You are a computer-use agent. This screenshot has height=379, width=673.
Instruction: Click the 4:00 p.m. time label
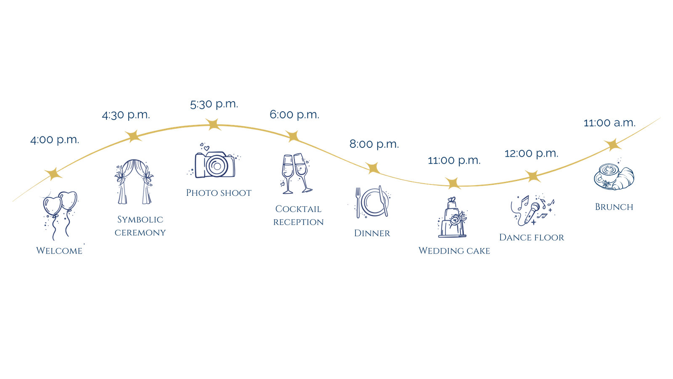coord(54,140)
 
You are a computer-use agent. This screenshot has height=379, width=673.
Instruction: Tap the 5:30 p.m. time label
coord(214,104)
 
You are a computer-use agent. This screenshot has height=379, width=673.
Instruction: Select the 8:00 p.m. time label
coord(374,144)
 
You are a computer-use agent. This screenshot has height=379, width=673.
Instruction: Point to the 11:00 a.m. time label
coord(609,123)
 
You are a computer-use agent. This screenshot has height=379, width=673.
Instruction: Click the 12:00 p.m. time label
coord(531,154)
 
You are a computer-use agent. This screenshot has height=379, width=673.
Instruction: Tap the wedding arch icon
coord(134,181)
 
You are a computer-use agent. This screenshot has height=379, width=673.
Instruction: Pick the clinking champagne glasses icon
coord(296,173)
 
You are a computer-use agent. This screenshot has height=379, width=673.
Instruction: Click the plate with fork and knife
coord(372,203)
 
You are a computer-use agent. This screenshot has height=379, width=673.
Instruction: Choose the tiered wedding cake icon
coord(452,218)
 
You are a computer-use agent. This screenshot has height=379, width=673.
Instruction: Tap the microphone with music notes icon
coord(532,210)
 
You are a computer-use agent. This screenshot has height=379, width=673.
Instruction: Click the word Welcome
coord(59,251)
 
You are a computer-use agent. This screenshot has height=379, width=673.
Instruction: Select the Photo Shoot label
coord(219,193)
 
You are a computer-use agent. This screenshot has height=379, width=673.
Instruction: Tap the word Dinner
coord(372,233)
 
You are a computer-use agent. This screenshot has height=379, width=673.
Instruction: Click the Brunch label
coord(614,207)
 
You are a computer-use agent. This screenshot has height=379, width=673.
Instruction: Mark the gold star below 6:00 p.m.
coord(293,136)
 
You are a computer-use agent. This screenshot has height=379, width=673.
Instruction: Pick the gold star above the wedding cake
coord(453,183)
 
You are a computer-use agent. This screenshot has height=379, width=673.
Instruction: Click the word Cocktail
coord(298,209)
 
